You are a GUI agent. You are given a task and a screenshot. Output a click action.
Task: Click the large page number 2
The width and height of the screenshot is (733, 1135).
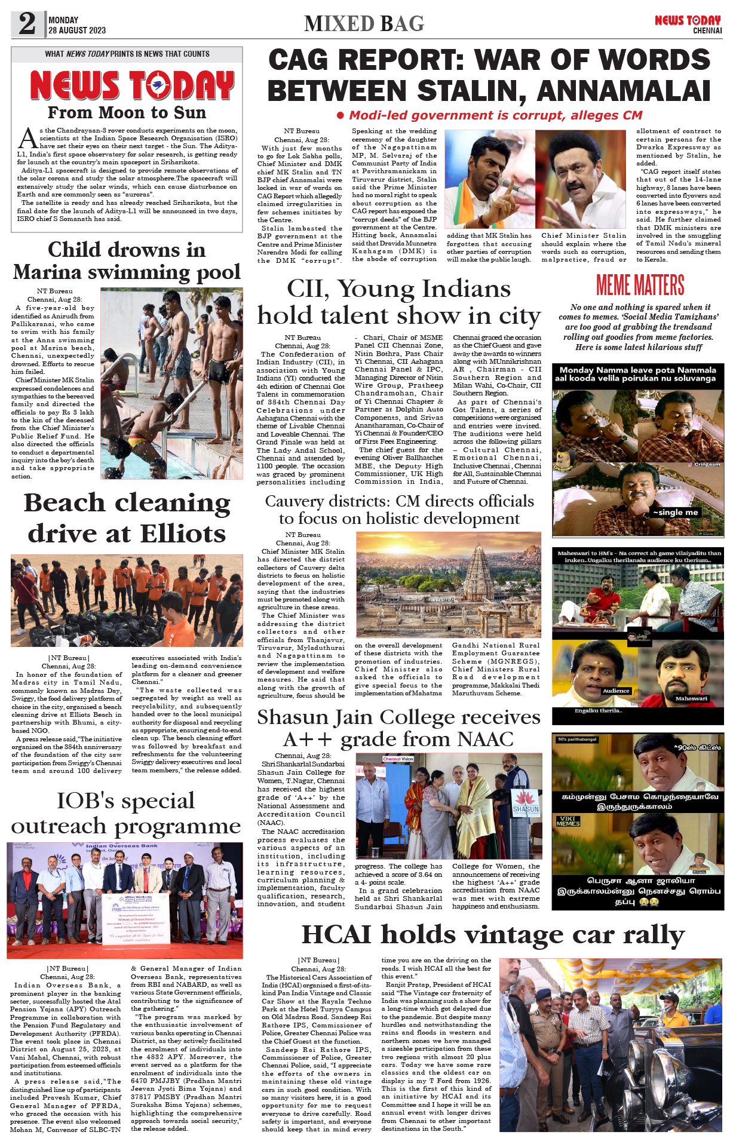[x=27, y=24]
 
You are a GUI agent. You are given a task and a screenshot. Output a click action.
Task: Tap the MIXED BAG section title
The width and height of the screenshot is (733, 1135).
[x=364, y=24]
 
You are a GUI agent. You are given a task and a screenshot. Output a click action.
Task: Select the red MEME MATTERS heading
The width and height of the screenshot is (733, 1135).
[x=640, y=285]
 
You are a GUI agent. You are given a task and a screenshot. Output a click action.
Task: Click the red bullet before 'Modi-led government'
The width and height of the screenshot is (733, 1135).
[x=341, y=115]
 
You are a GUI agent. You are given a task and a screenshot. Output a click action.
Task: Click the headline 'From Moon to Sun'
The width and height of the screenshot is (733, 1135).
[x=127, y=112]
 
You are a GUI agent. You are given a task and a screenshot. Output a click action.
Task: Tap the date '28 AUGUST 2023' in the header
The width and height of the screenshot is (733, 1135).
[x=77, y=30]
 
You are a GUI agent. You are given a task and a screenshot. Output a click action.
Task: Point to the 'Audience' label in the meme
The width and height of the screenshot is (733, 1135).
[x=616, y=691]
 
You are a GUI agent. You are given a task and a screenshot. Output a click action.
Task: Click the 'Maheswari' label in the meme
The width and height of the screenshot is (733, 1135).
[x=691, y=698]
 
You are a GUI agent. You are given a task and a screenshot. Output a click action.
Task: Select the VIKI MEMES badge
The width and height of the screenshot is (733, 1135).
[x=568, y=821]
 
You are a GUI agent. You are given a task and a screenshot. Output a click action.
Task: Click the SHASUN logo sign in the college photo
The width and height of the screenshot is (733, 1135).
[x=526, y=804]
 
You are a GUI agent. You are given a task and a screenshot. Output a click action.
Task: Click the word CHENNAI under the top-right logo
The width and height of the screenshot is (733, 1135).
[x=707, y=30]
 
